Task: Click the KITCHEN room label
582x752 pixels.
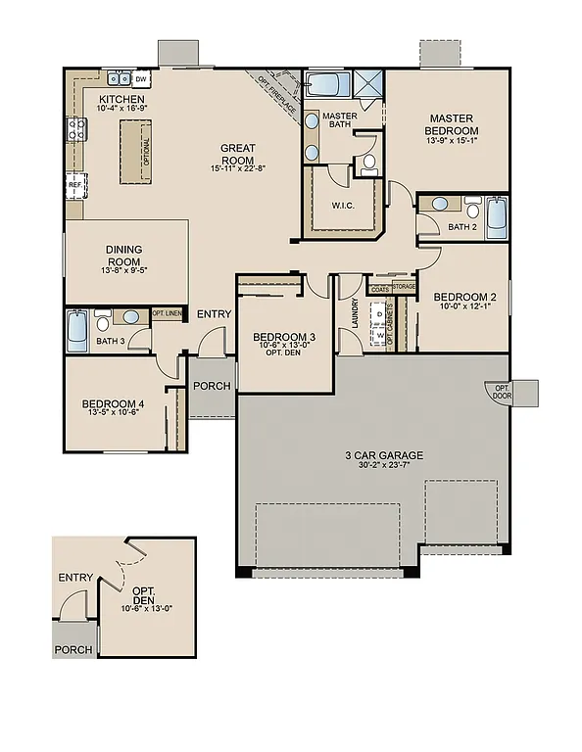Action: (x=121, y=100)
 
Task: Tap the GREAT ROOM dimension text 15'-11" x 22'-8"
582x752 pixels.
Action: (x=238, y=168)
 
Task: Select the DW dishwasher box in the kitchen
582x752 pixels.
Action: (x=141, y=78)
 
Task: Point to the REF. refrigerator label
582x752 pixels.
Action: (x=74, y=184)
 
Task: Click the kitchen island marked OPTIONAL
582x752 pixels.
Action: (x=137, y=151)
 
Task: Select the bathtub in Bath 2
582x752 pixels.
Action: (x=497, y=216)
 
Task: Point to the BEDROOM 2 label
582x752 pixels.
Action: (x=465, y=297)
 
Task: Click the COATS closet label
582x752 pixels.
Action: (x=378, y=289)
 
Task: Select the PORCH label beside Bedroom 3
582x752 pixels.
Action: (x=212, y=386)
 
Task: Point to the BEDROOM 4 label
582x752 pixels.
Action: (x=114, y=404)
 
